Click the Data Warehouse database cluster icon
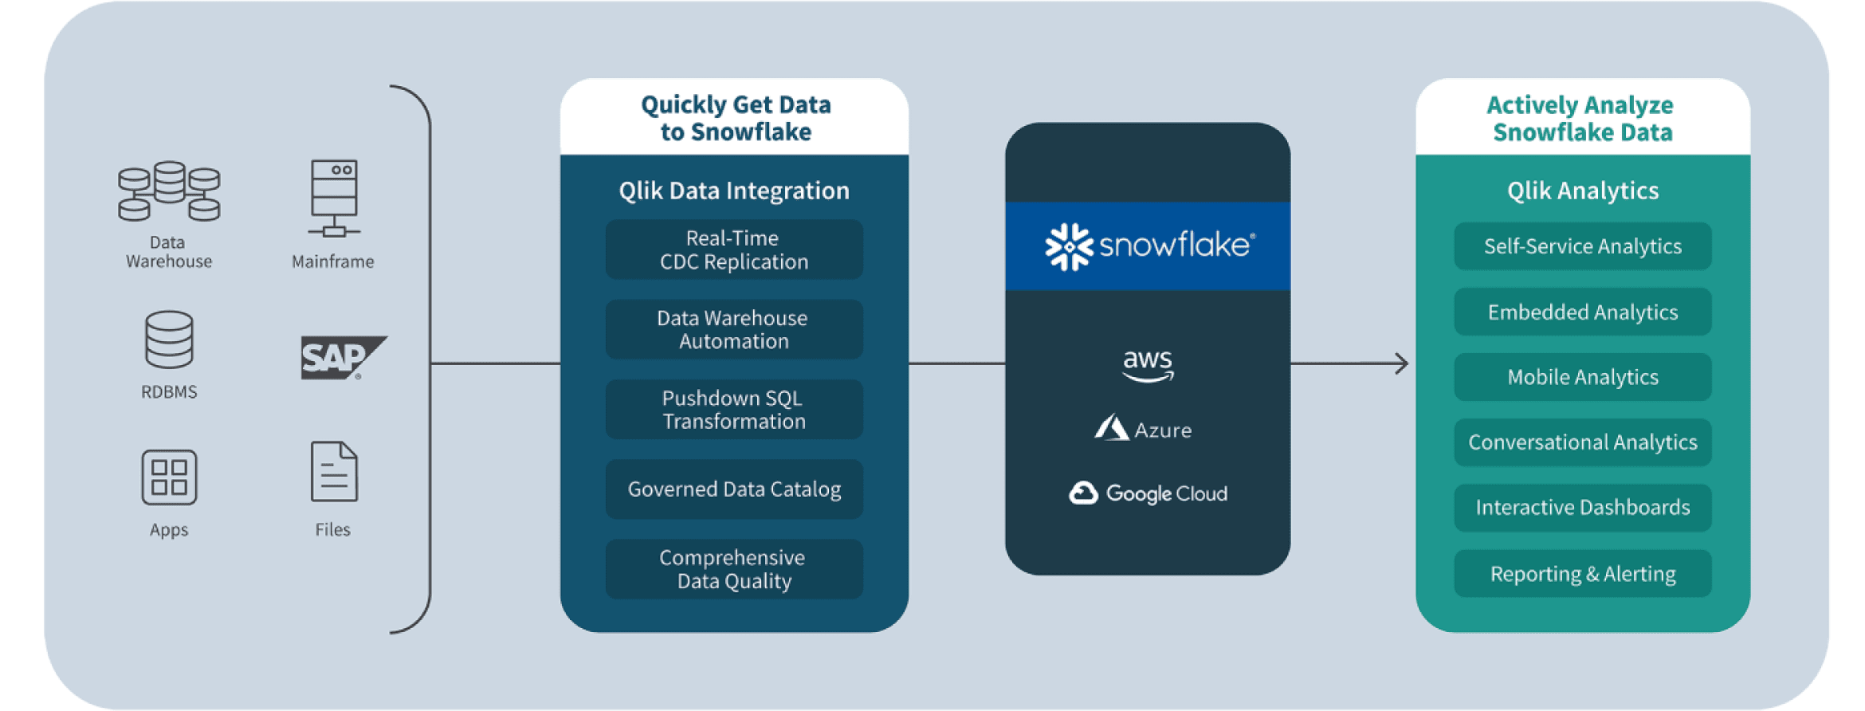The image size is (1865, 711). [x=169, y=191]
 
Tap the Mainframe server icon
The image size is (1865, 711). [x=334, y=198]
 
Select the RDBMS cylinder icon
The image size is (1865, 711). [x=169, y=340]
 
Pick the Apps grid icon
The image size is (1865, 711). [x=169, y=477]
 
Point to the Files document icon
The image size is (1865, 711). [x=334, y=472]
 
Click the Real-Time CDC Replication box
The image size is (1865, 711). [x=734, y=249]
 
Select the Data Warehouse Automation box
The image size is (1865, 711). [x=734, y=329]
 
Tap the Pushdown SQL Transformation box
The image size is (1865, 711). [x=734, y=409]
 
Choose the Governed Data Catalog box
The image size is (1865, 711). [x=734, y=489]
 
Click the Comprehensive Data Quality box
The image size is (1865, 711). [x=734, y=569]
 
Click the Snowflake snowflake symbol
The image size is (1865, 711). [x=1069, y=246]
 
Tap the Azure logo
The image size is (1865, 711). [x=1144, y=429]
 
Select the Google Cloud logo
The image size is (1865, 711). [x=1148, y=493]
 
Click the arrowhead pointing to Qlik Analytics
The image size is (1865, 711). [x=1401, y=363]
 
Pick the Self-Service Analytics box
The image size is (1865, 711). [x=1583, y=246]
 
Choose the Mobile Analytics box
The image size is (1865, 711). [x=1583, y=377]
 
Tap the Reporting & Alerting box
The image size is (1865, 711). [x=1583, y=573]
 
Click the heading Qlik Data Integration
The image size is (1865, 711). [x=734, y=191]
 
